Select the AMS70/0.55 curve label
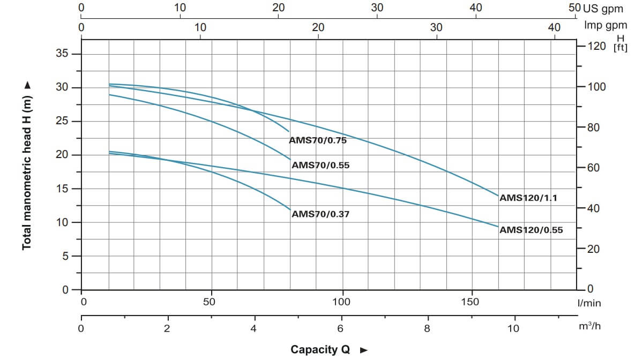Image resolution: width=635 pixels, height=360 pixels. pyautogui.click(x=320, y=166)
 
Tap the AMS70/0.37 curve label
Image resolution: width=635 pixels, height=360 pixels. pyautogui.click(x=320, y=214)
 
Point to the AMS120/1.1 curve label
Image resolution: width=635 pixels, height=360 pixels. pyautogui.click(x=528, y=198)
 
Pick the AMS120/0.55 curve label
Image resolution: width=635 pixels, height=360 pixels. pyautogui.click(x=531, y=230)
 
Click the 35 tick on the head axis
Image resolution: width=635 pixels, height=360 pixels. pyautogui.click(x=62, y=54)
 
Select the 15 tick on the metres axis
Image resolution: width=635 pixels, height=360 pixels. pyautogui.click(x=62, y=189)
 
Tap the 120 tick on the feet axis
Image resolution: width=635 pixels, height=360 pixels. pyautogui.click(x=596, y=46)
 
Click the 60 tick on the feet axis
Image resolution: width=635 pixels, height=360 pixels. pyautogui.click(x=593, y=168)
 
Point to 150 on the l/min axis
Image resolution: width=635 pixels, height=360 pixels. pyautogui.click(x=470, y=302)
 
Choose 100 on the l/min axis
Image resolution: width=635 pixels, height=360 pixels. pyautogui.click(x=341, y=302)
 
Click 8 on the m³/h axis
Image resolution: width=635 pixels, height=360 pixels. pyautogui.click(x=427, y=328)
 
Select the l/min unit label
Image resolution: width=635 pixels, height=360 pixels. pyautogui.click(x=589, y=303)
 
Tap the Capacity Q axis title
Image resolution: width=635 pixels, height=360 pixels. pyautogui.click(x=320, y=350)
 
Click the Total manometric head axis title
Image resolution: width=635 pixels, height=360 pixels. pyautogui.click(x=26, y=166)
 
